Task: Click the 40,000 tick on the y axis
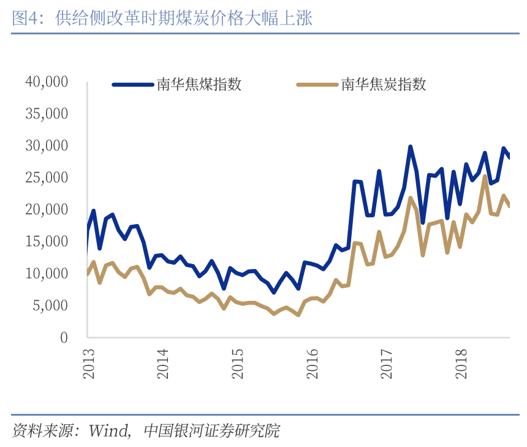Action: coord(47,82)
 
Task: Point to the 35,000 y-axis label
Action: coord(47,114)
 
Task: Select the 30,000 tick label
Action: coord(47,146)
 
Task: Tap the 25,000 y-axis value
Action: coord(47,177)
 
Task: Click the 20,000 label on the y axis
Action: coord(47,209)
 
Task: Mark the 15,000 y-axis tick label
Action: coord(47,241)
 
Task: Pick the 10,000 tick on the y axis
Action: coord(47,273)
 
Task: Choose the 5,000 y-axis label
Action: coord(50,305)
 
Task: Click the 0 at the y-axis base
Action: coord(64,337)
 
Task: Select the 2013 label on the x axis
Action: coord(89,364)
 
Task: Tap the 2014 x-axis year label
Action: coord(163,364)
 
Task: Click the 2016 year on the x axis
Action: coord(312,364)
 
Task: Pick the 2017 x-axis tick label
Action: coord(387,364)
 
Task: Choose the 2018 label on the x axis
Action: coord(461,364)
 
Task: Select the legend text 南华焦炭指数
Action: coord(384,85)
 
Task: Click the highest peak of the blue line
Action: coord(411,147)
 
